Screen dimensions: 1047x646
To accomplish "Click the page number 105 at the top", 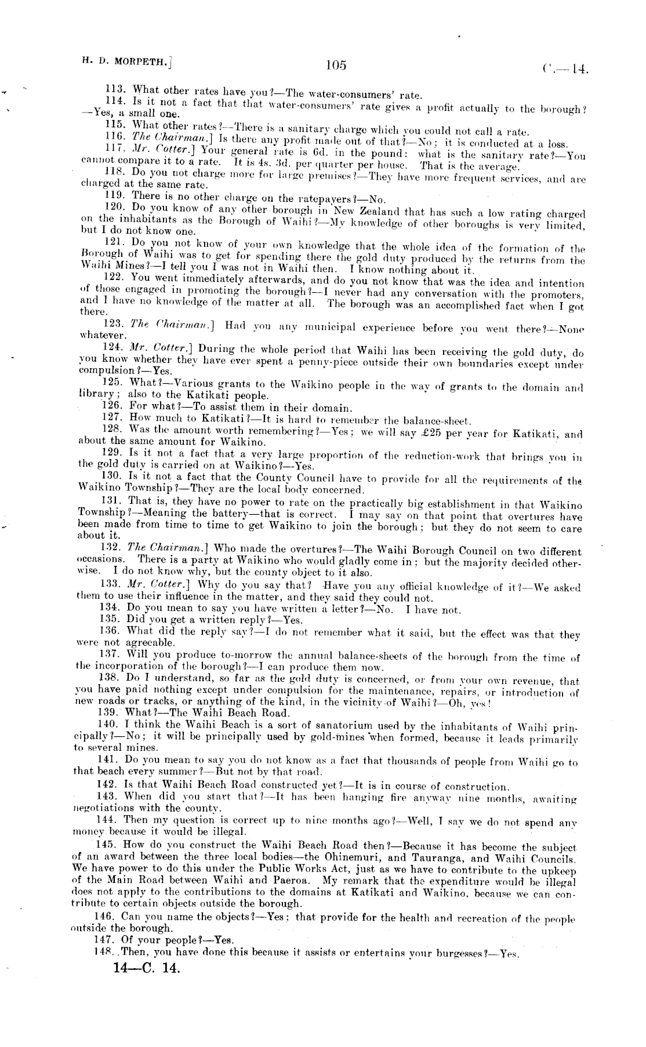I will tap(336, 66).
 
